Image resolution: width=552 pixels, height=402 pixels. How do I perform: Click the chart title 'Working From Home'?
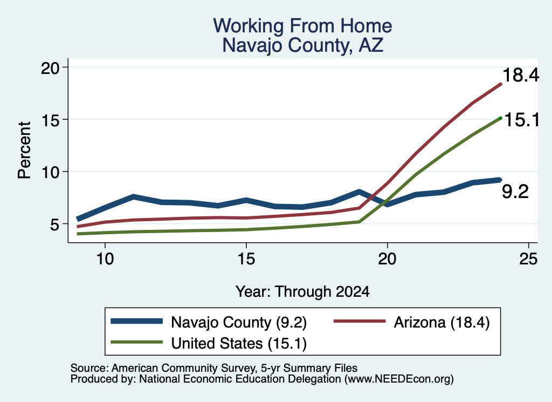point(302,26)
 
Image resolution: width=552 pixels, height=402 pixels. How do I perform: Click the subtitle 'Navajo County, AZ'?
point(302,45)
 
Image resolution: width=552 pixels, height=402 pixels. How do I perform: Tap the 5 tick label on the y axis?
point(55,224)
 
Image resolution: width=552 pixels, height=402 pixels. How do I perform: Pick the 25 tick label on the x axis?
point(528,259)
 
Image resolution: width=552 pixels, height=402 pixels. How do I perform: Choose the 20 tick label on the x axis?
point(387,259)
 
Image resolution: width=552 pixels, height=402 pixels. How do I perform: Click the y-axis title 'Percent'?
point(24,150)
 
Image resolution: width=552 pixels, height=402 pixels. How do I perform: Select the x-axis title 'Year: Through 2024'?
point(302,292)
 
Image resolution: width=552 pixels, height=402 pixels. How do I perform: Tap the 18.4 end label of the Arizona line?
point(521,75)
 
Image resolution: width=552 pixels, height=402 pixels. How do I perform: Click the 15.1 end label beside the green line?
point(522,120)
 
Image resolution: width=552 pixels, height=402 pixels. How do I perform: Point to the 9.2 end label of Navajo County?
point(515,192)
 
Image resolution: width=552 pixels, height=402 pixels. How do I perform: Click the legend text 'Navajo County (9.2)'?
point(239,322)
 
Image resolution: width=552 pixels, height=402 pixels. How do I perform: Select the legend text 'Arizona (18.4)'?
point(441,322)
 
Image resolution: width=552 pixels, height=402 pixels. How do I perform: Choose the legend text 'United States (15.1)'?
point(239,344)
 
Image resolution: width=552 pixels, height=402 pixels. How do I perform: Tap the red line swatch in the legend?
point(360,321)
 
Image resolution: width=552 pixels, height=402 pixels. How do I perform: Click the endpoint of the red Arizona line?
point(500,84)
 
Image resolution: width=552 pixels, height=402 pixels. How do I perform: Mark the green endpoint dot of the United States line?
point(500,118)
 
